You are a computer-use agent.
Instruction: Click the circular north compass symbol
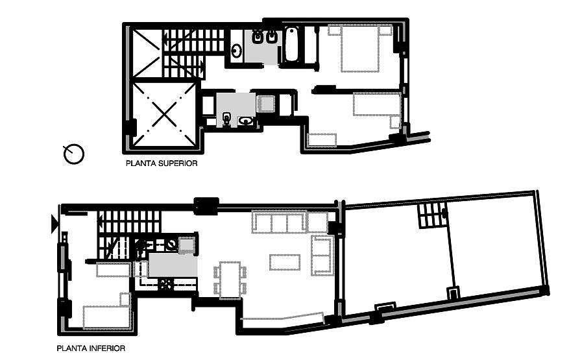tap(74, 154)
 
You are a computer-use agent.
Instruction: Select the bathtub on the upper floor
tap(291, 44)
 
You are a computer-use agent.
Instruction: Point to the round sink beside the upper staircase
tap(237, 51)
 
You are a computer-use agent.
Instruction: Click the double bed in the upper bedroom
tap(360, 48)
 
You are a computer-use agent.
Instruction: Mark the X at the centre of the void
tap(164, 114)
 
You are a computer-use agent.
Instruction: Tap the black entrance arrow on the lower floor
tap(54, 224)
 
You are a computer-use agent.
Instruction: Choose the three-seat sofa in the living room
tap(279, 222)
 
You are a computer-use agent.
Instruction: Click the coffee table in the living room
tap(285, 263)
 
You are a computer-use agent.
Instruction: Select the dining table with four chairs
tap(230, 280)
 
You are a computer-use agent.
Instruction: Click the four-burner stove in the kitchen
tap(167, 284)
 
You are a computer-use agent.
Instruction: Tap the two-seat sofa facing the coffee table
tap(322, 255)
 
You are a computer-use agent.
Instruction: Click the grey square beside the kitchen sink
tap(186, 245)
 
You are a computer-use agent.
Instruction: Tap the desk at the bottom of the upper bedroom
tap(322, 140)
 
